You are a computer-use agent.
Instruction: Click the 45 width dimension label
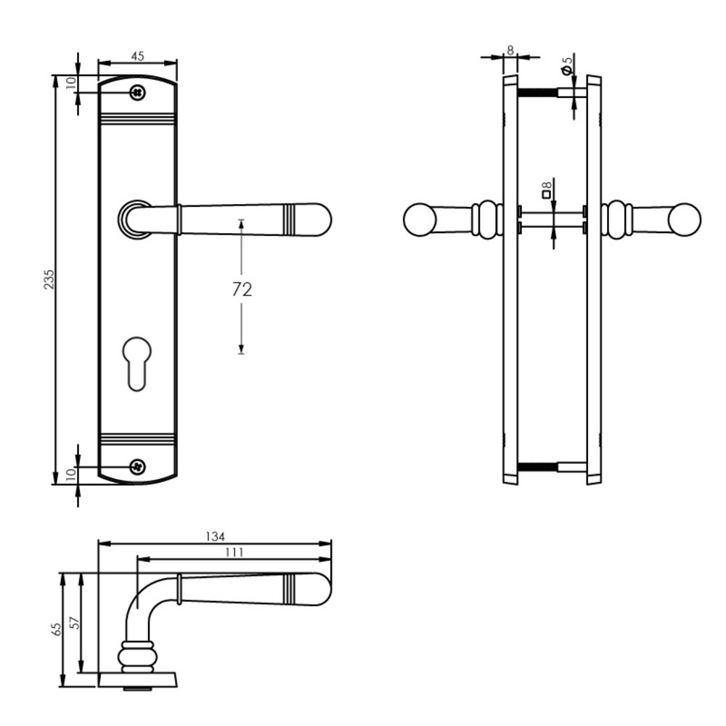click(x=137, y=56)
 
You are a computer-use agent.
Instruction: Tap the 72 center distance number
click(x=242, y=290)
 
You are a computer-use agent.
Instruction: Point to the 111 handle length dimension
click(x=233, y=552)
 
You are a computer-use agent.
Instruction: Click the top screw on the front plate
click(x=137, y=93)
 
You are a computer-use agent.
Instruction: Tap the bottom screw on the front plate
click(x=137, y=466)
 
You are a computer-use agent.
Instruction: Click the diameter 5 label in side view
click(x=568, y=65)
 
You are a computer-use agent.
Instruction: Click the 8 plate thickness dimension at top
click(x=510, y=49)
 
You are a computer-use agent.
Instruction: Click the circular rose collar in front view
click(x=134, y=219)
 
